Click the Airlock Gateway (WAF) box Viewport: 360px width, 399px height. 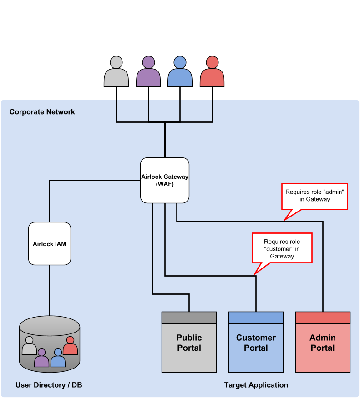pos(164,180)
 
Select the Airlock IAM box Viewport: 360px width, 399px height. pos(49,243)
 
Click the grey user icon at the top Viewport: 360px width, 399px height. pos(117,73)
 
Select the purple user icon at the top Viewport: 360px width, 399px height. pos(148,73)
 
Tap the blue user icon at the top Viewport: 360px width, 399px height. pos(180,73)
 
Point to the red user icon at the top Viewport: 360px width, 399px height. pos(212,73)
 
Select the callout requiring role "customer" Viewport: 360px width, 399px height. pos(282,248)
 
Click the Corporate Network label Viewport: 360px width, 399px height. pos(42,112)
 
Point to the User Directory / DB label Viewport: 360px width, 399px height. pos(49,385)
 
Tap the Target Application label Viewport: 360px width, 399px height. pos(256,385)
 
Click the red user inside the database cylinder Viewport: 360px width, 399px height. pos(70,347)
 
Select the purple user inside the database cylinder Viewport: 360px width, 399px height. pos(41,359)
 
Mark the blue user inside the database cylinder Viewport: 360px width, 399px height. pos(58,359)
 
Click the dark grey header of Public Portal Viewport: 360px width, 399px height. pos(189,318)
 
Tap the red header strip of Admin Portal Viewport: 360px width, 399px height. pos(323,318)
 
